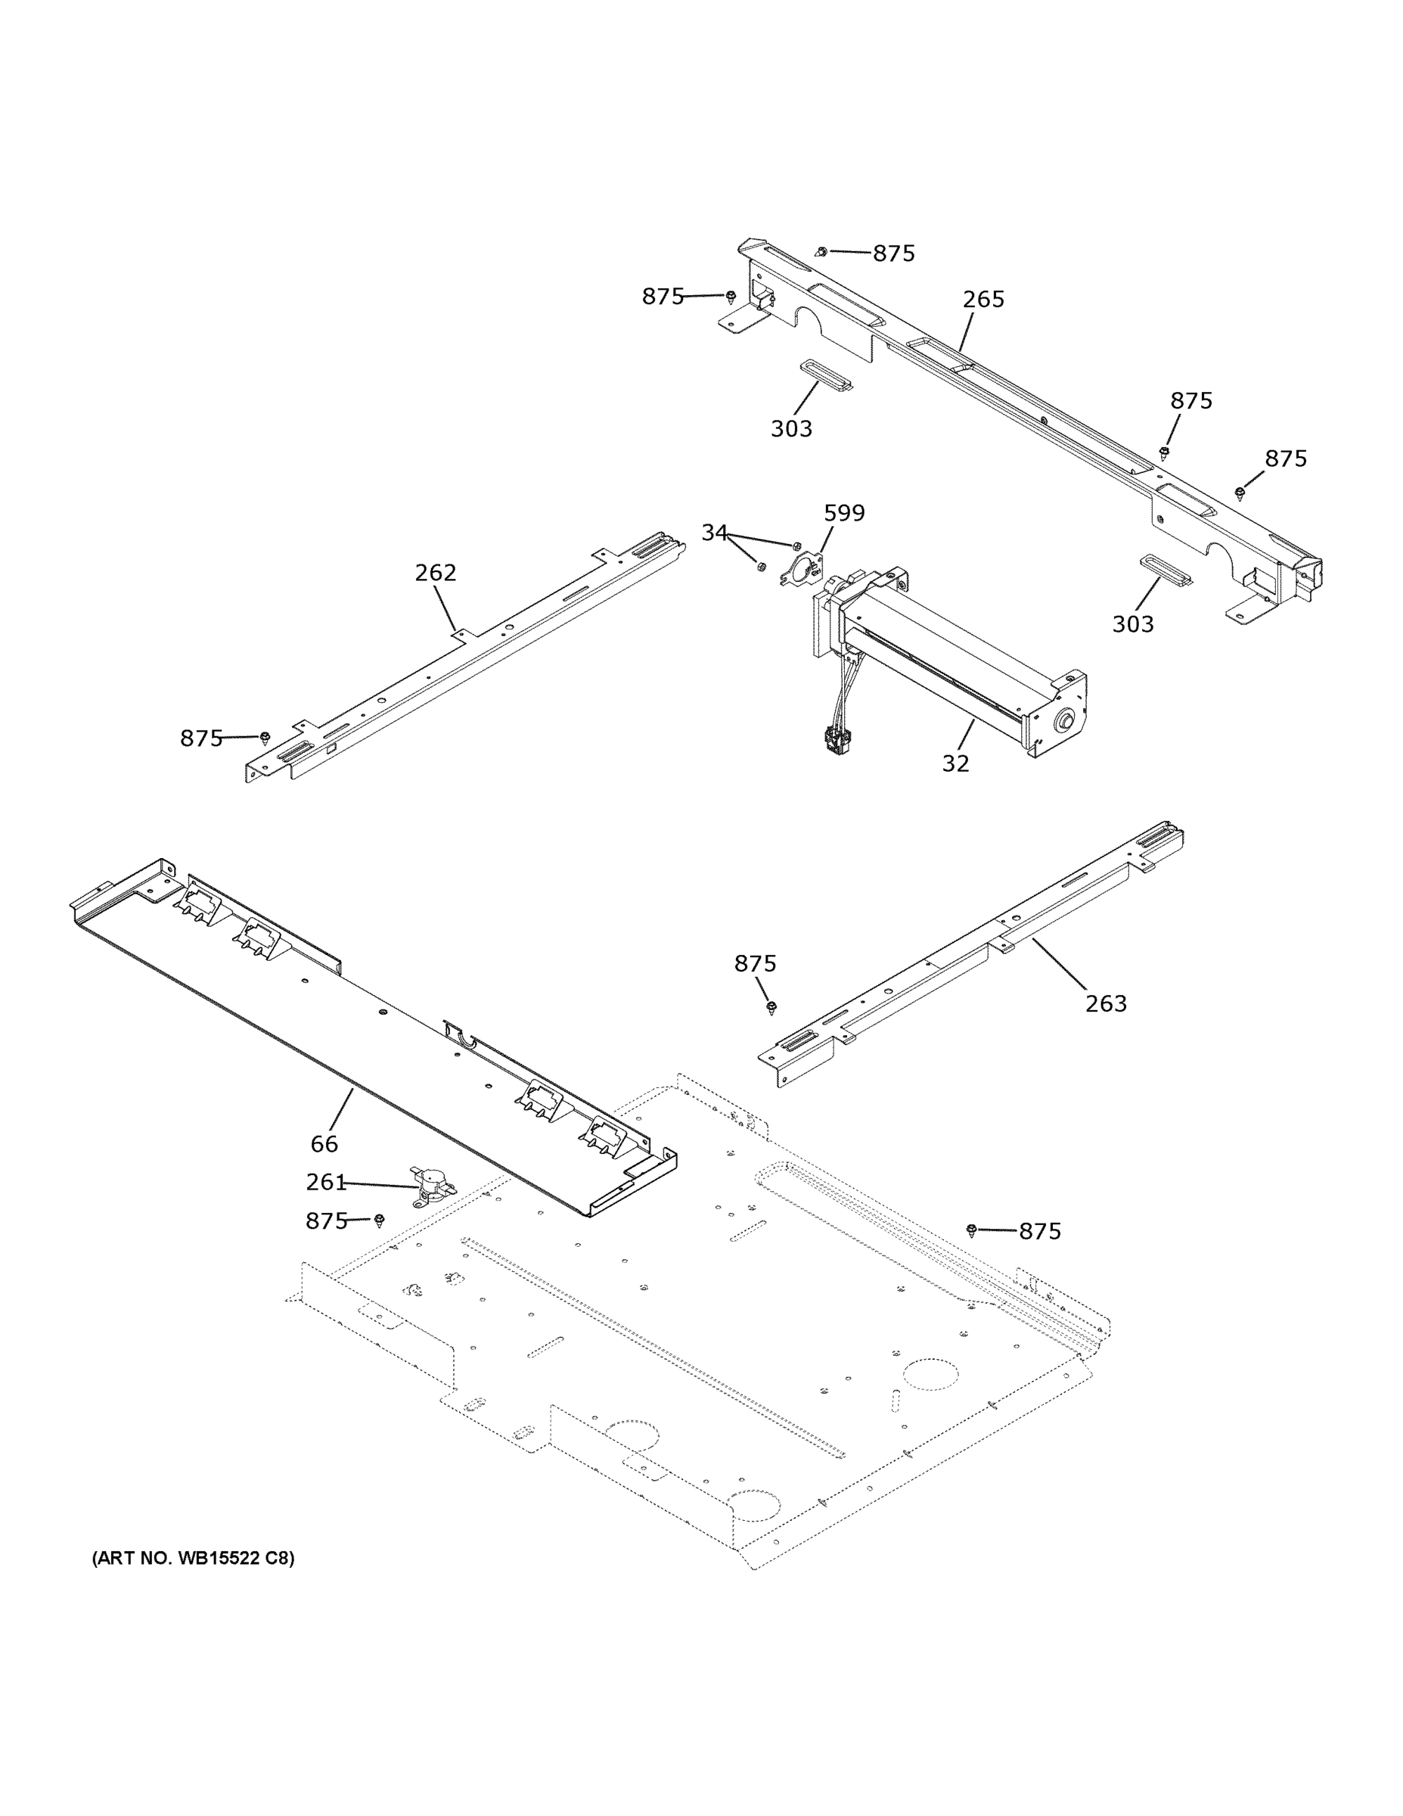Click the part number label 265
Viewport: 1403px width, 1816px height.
[983, 300]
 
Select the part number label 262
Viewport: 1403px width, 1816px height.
[436, 573]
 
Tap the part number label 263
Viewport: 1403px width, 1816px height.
[1106, 1003]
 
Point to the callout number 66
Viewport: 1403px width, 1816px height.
[324, 1144]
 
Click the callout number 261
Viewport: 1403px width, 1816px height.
[325, 1182]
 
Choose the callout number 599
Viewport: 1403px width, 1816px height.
[843, 513]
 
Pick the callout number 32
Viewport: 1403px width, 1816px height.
[955, 763]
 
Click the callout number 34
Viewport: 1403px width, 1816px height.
[714, 533]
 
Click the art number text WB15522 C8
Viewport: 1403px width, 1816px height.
[193, 1557]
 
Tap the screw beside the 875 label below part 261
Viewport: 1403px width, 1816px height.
[380, 1220]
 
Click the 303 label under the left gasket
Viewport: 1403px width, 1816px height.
[790, 429]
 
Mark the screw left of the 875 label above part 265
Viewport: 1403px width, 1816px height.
[821, 250]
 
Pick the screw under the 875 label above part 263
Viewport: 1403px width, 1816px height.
[771, 1007]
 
